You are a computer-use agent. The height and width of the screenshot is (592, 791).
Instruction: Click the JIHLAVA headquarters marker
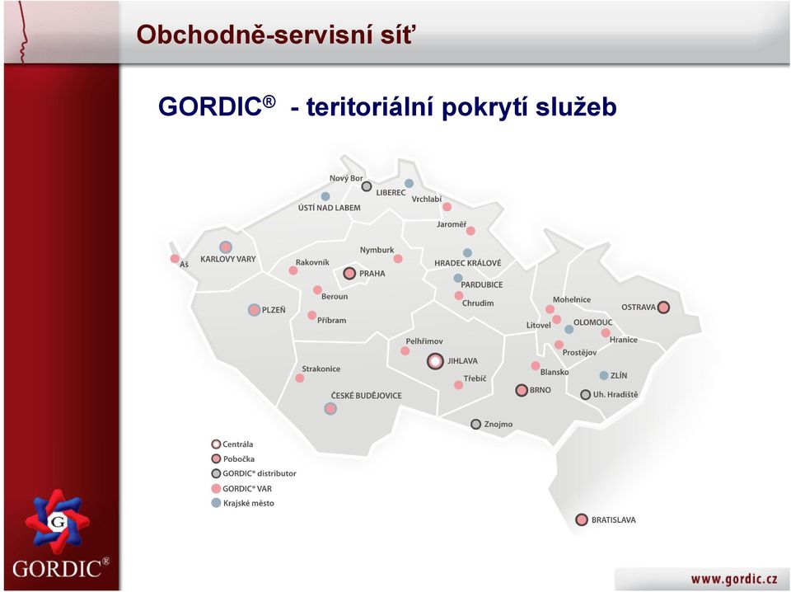435,361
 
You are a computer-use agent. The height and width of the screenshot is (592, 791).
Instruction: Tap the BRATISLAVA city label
613,519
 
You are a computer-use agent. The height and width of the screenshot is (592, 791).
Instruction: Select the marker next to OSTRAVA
663,307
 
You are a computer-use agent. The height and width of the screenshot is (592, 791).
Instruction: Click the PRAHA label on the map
372,274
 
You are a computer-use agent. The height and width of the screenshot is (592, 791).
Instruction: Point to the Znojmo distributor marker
475,424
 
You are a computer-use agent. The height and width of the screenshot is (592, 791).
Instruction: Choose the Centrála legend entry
232,444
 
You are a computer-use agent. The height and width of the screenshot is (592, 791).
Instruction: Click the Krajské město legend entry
242,503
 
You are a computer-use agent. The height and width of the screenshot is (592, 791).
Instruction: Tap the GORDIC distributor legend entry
254,473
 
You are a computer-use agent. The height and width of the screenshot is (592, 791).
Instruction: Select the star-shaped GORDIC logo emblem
57,522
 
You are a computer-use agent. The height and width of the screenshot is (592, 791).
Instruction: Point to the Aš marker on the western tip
175,259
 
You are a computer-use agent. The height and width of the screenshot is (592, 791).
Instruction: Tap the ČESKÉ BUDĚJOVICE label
366,396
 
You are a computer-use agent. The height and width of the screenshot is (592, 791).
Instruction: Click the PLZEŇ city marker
255,310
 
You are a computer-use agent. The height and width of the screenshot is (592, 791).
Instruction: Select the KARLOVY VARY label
228,259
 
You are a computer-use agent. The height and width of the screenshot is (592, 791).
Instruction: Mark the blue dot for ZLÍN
604,375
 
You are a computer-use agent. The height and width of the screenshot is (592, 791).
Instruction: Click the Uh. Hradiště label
615,395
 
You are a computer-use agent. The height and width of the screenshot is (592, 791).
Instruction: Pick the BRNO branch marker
522,390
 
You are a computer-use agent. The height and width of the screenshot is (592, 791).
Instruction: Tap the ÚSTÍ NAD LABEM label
329,208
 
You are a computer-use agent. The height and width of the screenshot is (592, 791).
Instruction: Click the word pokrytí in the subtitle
484,107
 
